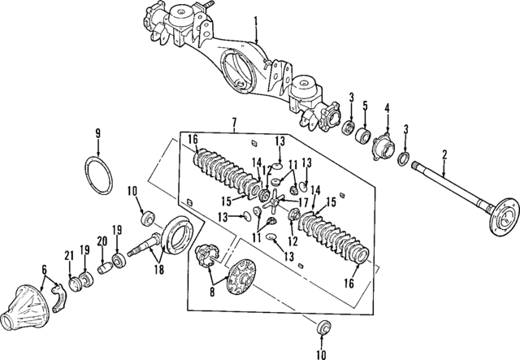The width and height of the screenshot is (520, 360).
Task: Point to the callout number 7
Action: coord(234,123)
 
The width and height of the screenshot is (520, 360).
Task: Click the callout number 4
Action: coord(387,107)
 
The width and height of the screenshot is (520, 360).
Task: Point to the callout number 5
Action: coord(366,105)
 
